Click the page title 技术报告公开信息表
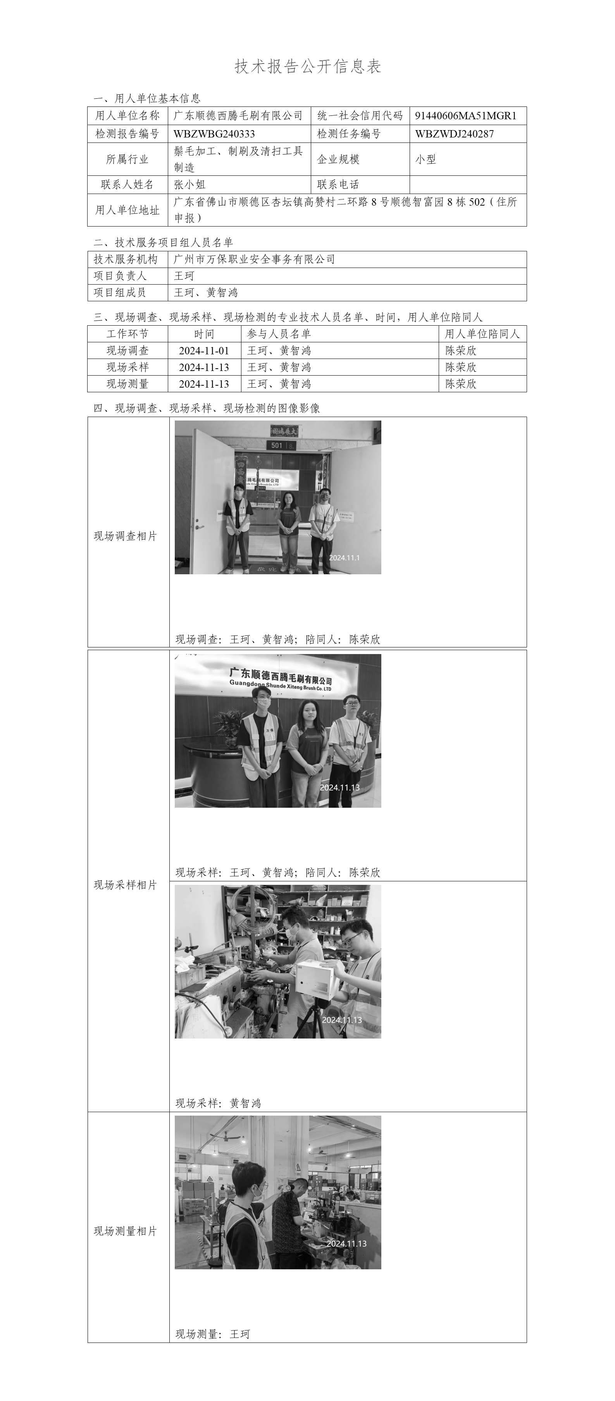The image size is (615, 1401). pos(308,66)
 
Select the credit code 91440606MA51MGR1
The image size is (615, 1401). pos(465,116)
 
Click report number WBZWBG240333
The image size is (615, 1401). pos(214,134)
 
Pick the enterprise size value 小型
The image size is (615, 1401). pos(425,160)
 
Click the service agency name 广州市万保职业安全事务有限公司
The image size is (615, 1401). pos(254,259)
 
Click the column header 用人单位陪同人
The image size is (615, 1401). pos(482,334)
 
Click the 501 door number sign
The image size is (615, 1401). pos(277,445)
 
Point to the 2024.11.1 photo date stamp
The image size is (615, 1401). pos(344,558)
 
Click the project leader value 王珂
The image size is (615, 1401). pos(184,276)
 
